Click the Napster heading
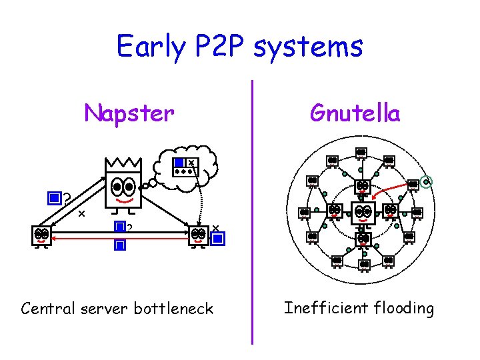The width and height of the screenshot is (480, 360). [129, 113]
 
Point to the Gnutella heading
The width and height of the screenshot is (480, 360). [355, 113]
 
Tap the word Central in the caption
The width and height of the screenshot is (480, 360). [49, 308]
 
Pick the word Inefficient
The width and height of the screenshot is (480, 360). [323, 307]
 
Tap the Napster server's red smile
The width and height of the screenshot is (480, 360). [123, 198]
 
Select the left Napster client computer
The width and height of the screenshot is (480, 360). [41, 235]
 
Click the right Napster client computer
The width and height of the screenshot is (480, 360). [198, 235]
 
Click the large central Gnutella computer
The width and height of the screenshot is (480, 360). [363, 213]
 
